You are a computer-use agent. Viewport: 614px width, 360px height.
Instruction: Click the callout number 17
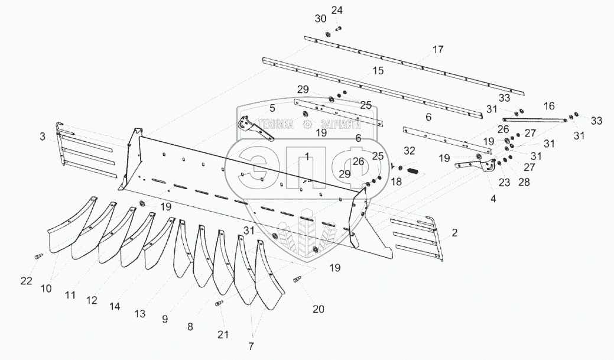tap(437, 50)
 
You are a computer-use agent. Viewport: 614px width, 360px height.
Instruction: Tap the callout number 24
tap(337, 11)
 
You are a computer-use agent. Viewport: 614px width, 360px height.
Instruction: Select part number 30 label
tap(320, 19)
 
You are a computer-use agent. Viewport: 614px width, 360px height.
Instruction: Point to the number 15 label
tap(378, 71)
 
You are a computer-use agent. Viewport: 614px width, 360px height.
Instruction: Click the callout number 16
tap(549, 106)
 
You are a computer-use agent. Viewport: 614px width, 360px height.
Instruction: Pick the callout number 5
tap(272, 108)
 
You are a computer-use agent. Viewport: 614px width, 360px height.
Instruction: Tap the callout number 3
tap(42, 137)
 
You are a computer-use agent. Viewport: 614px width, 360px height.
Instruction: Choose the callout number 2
tap(454, 233)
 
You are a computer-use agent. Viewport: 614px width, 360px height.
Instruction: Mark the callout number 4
tap(493, 199)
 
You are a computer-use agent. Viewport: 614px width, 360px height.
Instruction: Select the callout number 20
tap(319, 309)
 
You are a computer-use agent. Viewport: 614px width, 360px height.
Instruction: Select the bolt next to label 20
tap(298, 280)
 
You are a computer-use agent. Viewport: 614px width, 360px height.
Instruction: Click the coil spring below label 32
tap(412, 171)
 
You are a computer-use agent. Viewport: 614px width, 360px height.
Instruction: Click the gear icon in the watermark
tap(307, 124)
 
